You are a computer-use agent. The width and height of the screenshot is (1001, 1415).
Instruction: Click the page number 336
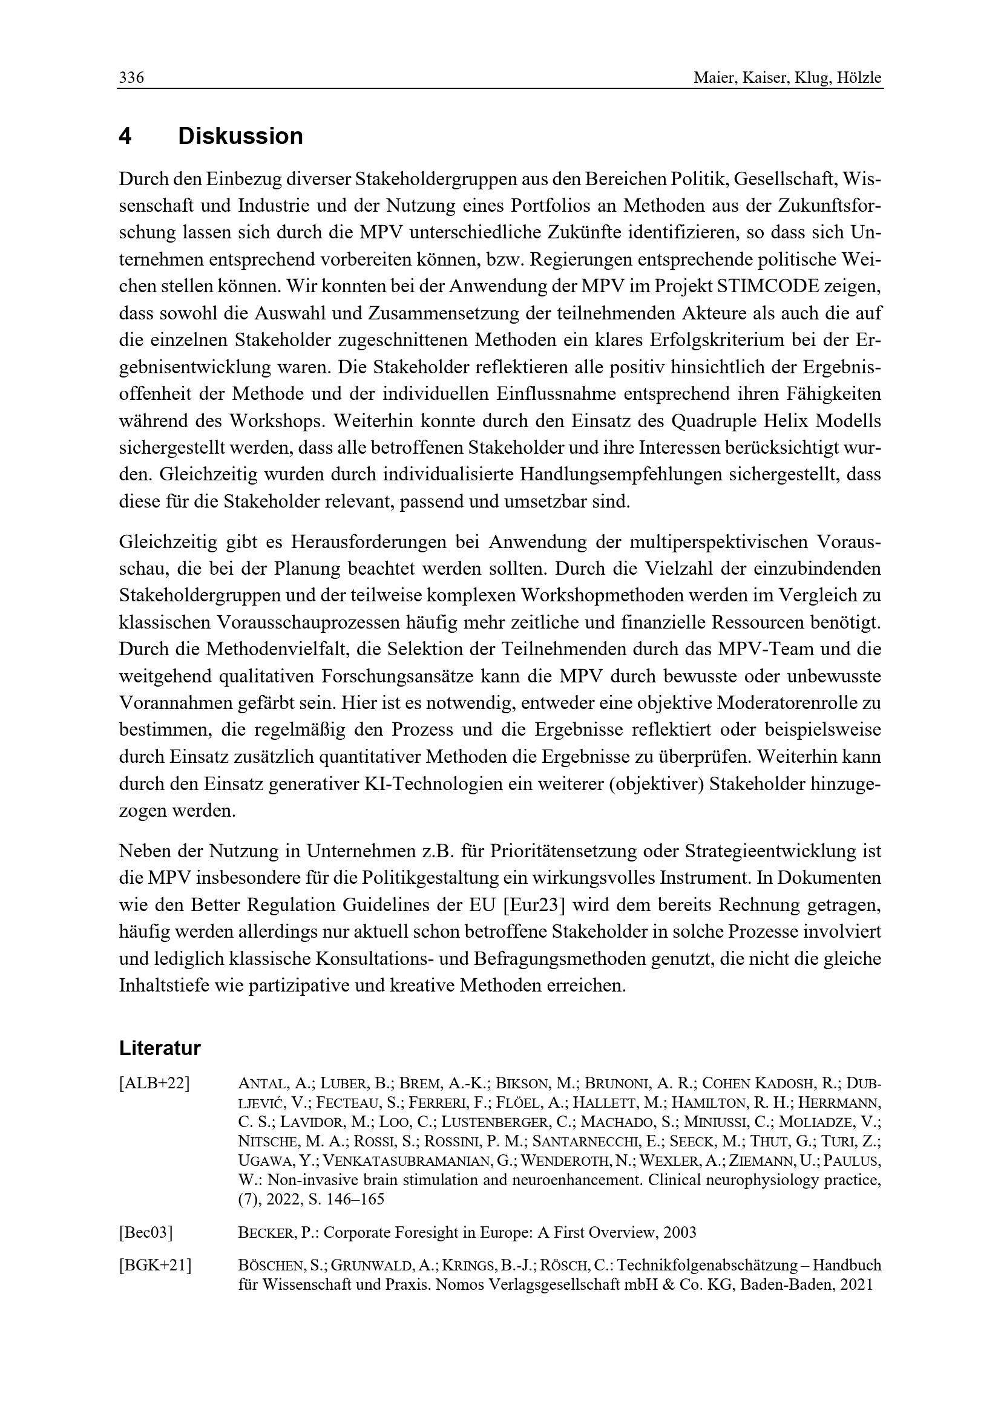pos(131,78)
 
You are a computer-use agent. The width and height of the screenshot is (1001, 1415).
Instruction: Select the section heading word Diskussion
pos(240,136)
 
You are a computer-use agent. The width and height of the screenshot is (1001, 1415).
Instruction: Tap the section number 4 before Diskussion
pos(125,136)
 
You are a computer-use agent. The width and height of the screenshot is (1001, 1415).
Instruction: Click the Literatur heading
pos(160,1048)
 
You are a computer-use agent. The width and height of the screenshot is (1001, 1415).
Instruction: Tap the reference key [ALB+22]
pos(154,1083)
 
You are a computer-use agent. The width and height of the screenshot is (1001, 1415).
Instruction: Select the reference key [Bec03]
pos(145,1232)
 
